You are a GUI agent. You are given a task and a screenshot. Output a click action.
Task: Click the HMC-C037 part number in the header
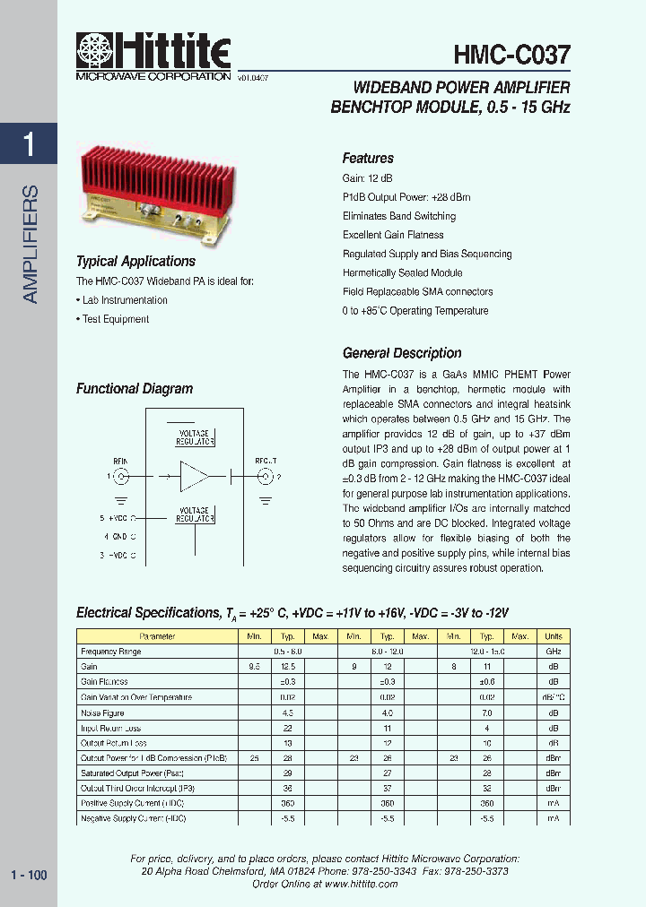click(511, 56)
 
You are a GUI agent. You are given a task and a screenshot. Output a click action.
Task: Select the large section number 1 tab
click(29, 144)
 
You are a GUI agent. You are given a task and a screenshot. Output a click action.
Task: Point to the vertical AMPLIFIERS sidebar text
click(30, 244)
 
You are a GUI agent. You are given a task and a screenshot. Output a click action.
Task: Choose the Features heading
click(368, 158)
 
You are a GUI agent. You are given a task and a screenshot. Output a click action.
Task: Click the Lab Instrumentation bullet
click(124, 300)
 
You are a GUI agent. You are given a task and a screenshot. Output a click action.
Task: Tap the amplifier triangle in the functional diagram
click(193, 476)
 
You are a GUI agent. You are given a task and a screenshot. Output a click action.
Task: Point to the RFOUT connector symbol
click(265, 476)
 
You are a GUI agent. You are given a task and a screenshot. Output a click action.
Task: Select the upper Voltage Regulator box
click(194, 437)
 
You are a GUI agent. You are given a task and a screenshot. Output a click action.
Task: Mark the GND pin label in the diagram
click(118, 538)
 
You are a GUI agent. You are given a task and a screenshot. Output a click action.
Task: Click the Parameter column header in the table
click(158, 636)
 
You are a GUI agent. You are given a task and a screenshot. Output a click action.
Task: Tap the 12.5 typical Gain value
click(288, 667)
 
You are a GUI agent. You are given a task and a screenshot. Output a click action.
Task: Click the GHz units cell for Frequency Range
click(554, 652)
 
